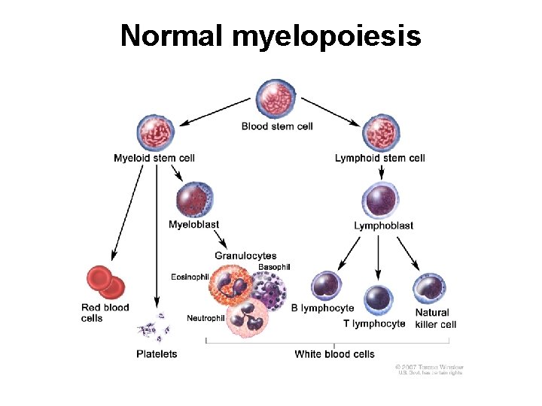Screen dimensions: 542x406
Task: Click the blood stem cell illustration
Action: (x=277, y=99)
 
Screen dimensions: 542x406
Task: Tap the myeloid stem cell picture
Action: (x=154, y=132)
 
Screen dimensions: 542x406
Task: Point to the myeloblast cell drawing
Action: (x=195, y=198)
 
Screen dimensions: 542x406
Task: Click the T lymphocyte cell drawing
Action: (x=379, y=300)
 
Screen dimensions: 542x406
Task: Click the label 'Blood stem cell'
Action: (x=277, y=126)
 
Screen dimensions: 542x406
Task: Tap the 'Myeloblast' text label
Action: (x=194, y=224)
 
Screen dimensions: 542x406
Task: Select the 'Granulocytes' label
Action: (x=245, y=256)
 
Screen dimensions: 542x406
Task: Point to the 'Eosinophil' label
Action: (x=190, y=277)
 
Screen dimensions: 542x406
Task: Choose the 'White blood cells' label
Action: (x=334, y=353)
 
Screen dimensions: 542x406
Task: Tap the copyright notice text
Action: (x=429, y=369)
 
